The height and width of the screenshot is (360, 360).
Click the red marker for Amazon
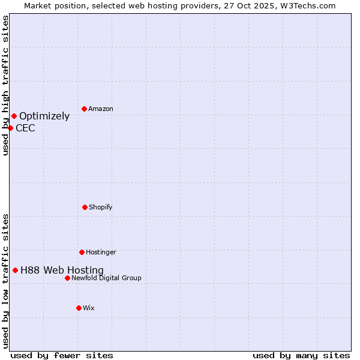pos(85,109)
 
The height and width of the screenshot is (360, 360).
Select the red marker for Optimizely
pos(14,116)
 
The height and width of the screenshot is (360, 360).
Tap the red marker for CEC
pos(10,128)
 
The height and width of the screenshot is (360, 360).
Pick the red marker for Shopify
pos(85,207)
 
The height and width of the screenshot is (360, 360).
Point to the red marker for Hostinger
pos(82,252)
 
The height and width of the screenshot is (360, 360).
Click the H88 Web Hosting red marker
pos(15,270)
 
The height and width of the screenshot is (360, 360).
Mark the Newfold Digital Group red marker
pos(67,278)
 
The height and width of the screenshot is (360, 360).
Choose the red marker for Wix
pos(79,308)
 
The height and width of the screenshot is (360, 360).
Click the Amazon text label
pos(101,109)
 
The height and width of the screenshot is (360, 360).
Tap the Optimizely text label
pos(44,116)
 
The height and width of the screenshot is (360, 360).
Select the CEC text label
pos(25,128)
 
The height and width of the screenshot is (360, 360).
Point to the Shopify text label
pos(101,207)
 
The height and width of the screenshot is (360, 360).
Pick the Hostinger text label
pos(101,252)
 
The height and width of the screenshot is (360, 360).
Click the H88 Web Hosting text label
pos(62,271)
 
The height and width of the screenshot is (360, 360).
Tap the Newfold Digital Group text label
pos(106,278)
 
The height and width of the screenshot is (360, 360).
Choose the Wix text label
pos(89,308)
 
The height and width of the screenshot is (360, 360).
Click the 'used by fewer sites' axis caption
pos(62,355)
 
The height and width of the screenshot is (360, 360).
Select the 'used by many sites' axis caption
pos(301,355)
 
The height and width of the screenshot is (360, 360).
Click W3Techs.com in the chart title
pos(307,5)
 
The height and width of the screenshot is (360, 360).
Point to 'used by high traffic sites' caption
pos(5,85)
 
